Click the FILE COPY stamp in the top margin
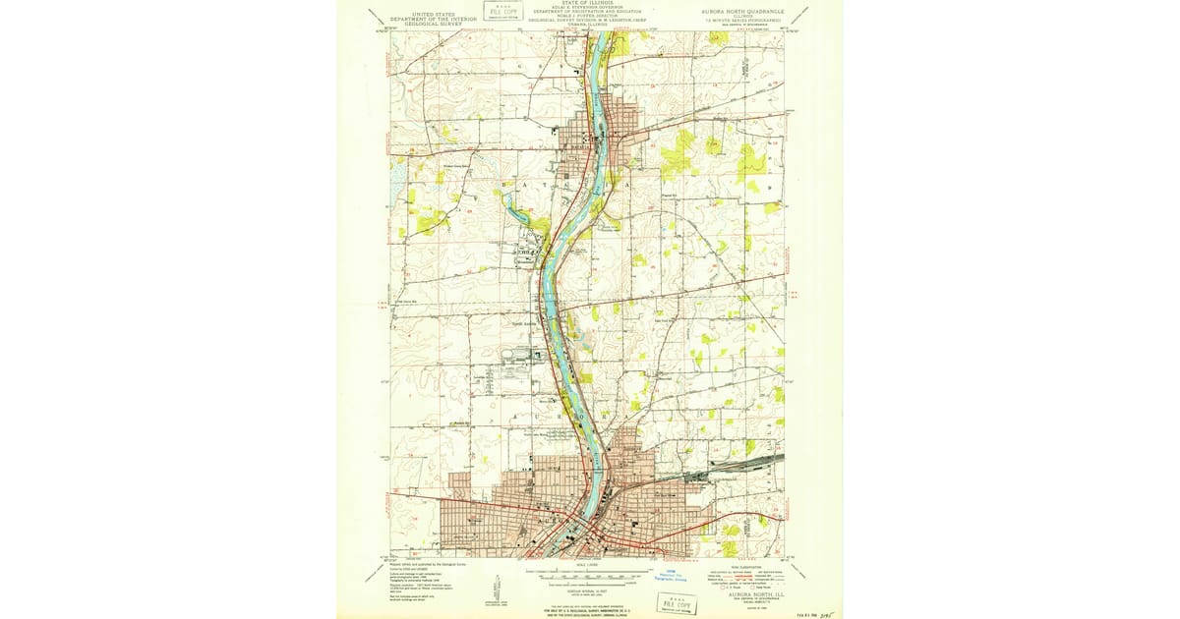coord(502,12)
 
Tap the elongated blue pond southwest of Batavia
coord(514,209)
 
